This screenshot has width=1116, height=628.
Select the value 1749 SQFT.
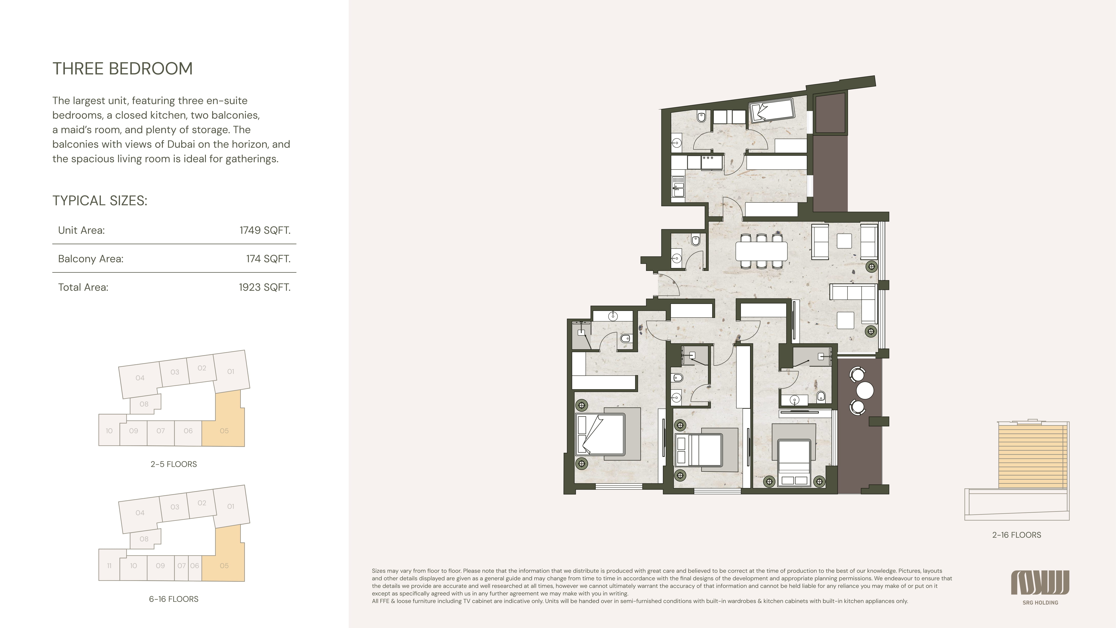(x=265, y=230)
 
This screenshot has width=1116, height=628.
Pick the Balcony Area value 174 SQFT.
(x=268, y=259)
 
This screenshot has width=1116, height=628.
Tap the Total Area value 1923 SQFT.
(x=264, y=287)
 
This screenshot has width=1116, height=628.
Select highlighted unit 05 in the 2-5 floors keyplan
(x=224, y=431)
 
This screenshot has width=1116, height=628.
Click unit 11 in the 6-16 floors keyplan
(x=109, y=566)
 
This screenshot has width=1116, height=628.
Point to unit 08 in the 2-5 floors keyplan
(x=144, y=404)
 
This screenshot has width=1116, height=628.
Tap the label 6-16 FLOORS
(x=174, y=599)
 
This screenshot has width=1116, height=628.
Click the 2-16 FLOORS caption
(x=1016, y=535)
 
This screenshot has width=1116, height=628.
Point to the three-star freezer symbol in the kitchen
(x=708, y=158)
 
